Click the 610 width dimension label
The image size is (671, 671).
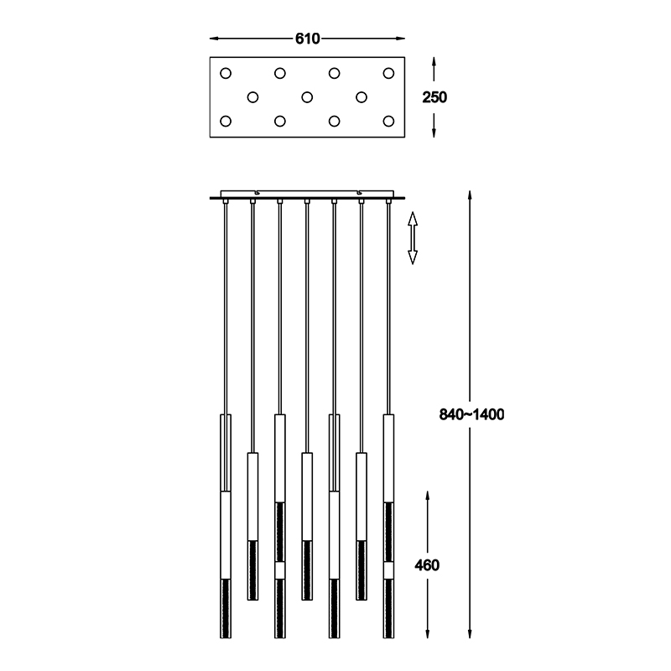pos(307,39)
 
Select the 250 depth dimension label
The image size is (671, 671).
pos(434,97)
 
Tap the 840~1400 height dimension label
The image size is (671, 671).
pos(471,414)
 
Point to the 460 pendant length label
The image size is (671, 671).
pos(427,565)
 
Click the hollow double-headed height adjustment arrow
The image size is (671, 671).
pos(413,238)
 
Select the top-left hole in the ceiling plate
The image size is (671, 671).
pos(226,73)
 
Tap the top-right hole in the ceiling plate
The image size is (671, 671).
pos(388,73)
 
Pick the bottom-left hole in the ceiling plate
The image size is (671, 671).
pos(226,121)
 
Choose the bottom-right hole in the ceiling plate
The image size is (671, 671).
pos(388,121)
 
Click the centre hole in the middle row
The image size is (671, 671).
pos(307,97)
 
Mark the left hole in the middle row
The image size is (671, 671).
pos(253,97)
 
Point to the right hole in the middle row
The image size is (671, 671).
pos(362,97)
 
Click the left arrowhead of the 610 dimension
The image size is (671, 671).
pos(215,39)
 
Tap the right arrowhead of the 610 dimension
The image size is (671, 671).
pos(400,39)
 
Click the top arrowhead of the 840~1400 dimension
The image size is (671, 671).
pos(470,196)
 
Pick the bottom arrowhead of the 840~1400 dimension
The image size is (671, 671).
pos(470,633)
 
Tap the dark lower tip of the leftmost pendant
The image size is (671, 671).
pos(226,609)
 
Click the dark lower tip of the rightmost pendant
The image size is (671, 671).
pos(388,609)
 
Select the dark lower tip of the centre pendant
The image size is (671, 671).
pos(307,570)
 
